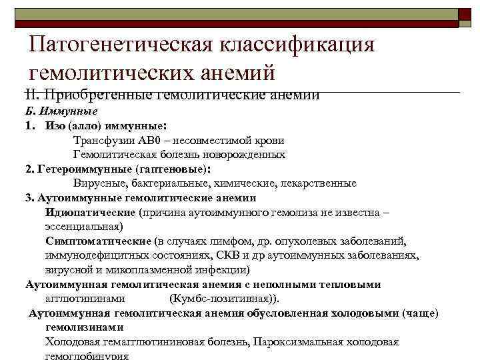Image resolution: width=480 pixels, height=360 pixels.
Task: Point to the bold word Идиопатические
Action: pyautogui.click(x=91, y=213)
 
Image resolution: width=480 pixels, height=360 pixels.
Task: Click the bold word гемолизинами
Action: pyautogui.click(x=85, y=327)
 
